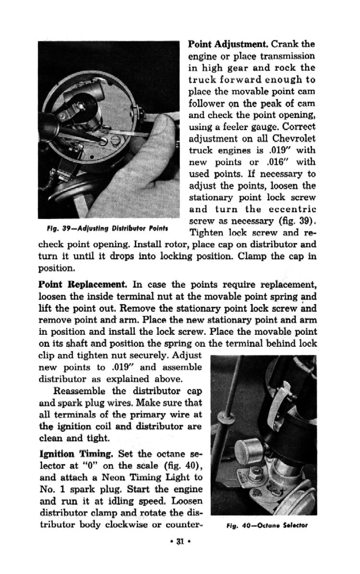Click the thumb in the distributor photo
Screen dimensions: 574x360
[x=158, y=139]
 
